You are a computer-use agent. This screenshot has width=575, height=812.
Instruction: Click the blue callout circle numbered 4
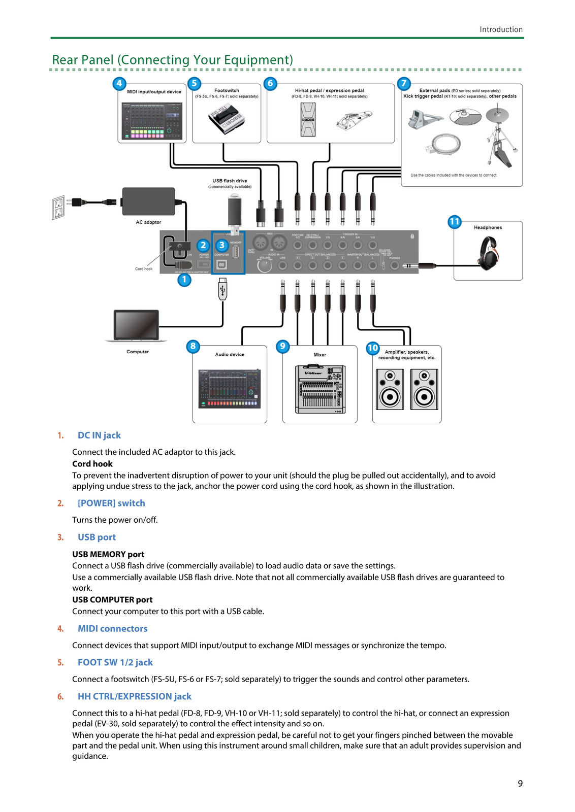point(119,83)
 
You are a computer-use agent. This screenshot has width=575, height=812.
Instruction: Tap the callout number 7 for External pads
point(404,83)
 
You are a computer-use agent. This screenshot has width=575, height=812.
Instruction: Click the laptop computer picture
point(136,326)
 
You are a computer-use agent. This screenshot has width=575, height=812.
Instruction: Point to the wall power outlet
point(58,207)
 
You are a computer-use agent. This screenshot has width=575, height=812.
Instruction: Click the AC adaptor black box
point(148,201)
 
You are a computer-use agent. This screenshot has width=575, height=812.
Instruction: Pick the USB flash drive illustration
point(234,212)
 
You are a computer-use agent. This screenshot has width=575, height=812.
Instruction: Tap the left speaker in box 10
point(390,389)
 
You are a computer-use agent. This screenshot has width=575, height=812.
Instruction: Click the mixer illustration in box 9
point(320,389)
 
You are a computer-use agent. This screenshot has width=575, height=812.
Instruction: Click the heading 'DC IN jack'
point(99,435)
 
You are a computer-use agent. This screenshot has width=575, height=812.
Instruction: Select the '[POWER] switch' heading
point(111,503)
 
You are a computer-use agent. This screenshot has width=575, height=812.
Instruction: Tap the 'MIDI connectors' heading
point(112,629)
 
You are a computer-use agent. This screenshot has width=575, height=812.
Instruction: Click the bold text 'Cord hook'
point(92,464)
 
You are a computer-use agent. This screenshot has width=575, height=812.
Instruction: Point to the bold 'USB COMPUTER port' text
point(112,600)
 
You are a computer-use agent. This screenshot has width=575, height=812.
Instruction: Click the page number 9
point(520,784)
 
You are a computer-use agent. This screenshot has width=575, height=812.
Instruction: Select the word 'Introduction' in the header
point(501,29)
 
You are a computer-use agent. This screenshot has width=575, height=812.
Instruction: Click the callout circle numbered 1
point(184,280)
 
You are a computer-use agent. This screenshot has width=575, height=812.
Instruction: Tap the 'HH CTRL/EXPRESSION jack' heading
point(135,697)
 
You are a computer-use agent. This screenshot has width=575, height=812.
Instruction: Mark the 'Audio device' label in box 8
point(230,355)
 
